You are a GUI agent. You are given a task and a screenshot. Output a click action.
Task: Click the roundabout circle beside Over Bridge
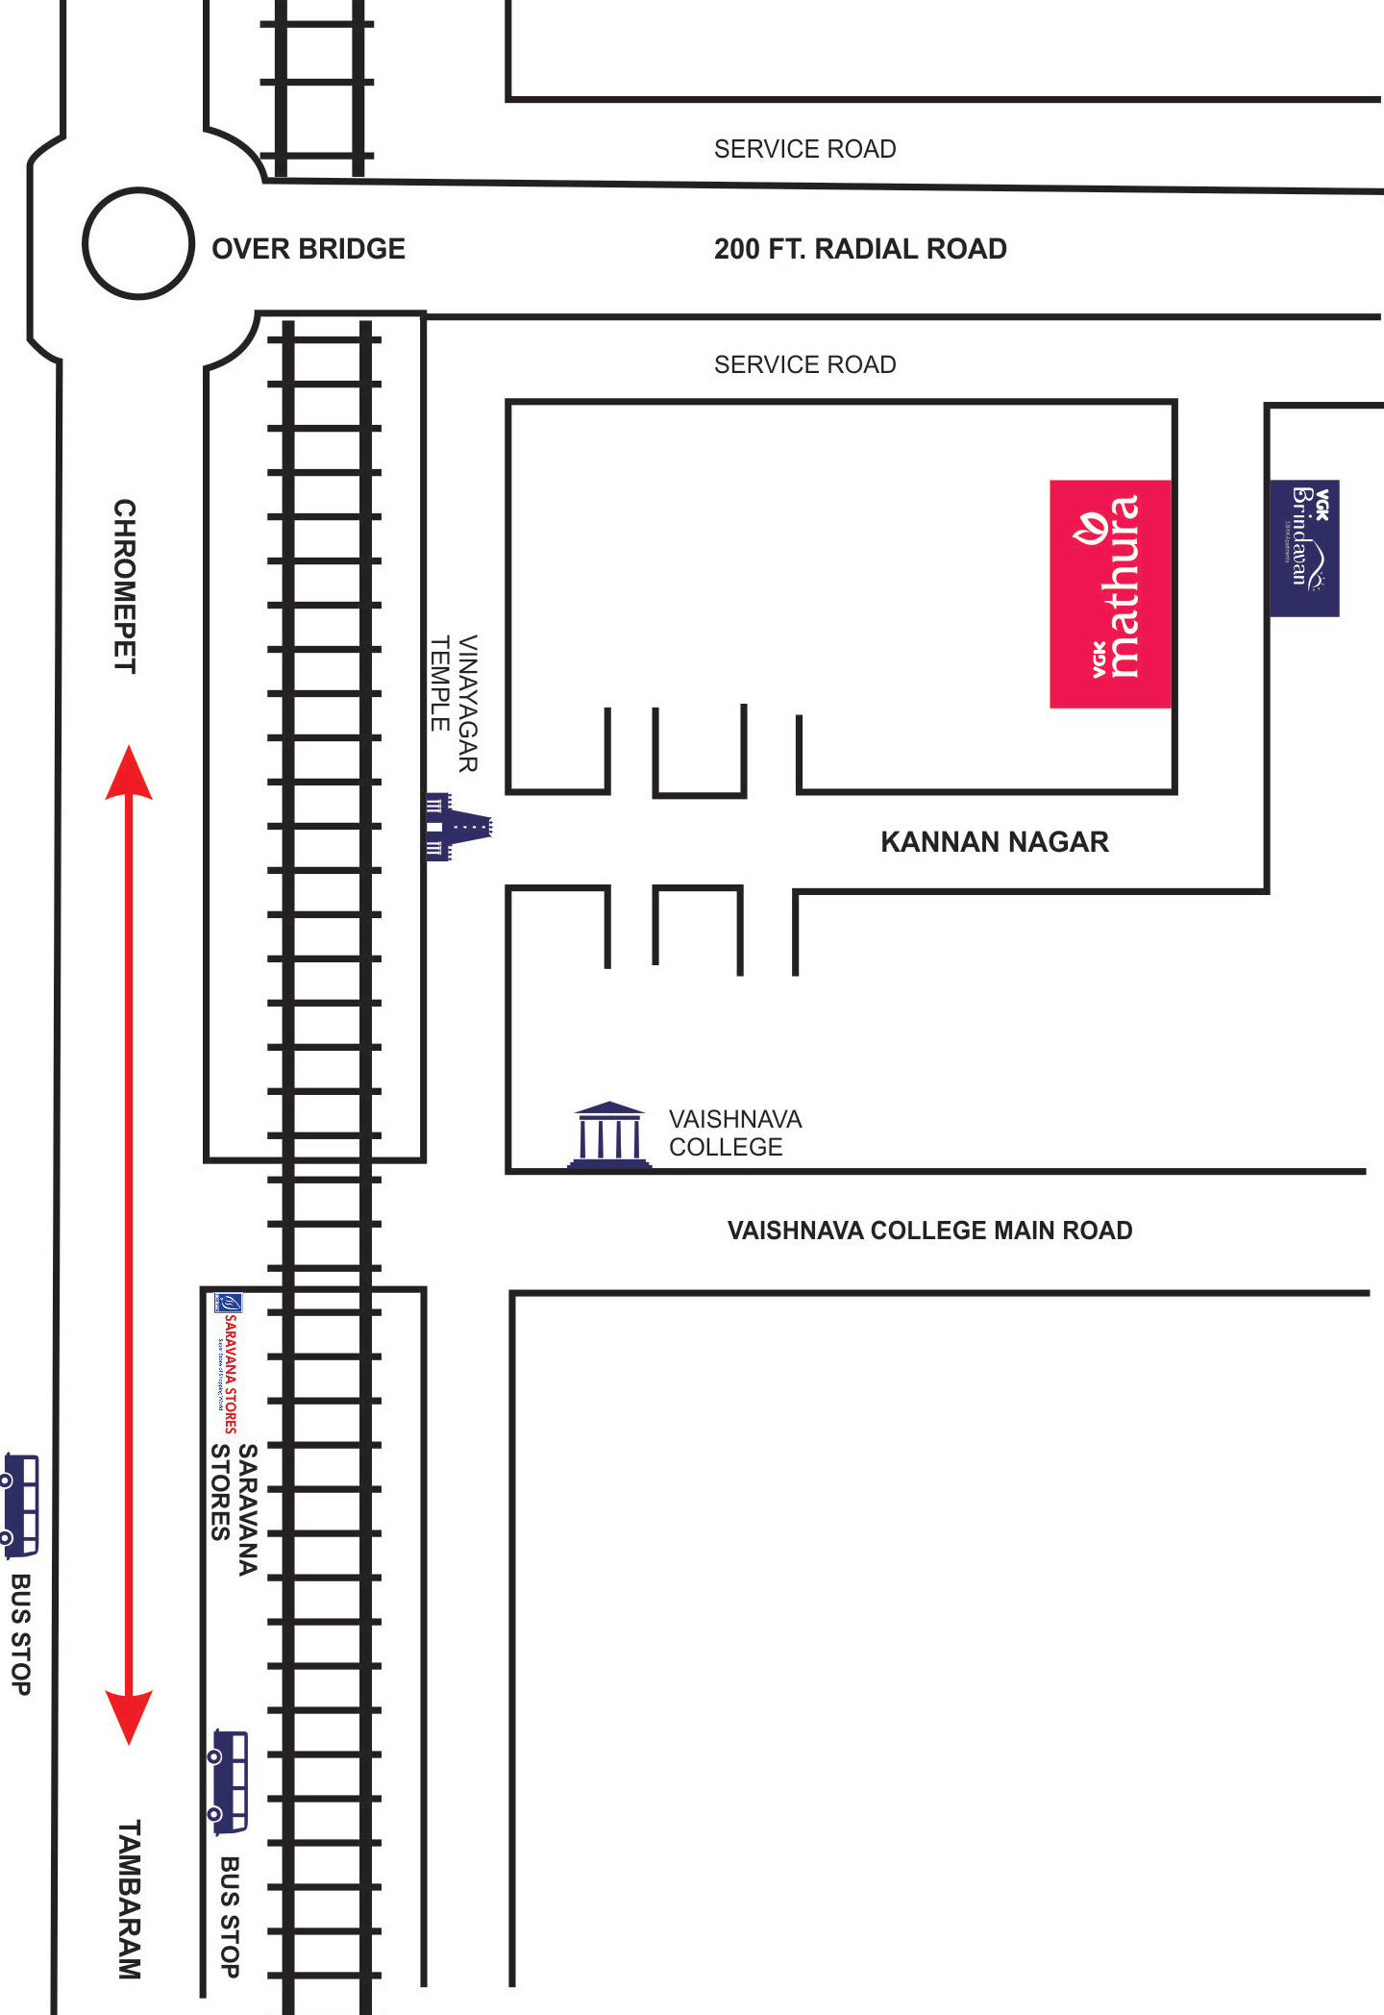138,243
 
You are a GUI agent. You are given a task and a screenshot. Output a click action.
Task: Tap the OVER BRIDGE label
309,249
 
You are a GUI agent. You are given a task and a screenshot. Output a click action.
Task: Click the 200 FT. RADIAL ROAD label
860,249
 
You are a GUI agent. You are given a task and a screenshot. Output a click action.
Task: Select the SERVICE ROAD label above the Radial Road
804,149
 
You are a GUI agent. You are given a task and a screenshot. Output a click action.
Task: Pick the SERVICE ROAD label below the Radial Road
804,364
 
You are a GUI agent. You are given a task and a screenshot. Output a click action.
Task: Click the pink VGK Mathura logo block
1110,593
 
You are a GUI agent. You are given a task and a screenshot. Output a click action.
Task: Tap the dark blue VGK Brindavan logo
1304,548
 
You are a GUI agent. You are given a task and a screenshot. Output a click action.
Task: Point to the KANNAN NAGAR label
995,842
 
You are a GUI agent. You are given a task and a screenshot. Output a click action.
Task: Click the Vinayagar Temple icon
457,826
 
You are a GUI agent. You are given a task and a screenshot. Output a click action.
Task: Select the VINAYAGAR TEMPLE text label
454,703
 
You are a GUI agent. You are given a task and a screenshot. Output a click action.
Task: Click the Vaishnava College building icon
609,1134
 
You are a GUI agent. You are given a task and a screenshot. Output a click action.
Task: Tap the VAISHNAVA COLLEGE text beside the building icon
735,1132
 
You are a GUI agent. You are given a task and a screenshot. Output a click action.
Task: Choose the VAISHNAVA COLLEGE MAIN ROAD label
929,1231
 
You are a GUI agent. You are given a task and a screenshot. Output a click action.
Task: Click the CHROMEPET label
125,585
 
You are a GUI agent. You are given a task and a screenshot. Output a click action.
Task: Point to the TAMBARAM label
129,1899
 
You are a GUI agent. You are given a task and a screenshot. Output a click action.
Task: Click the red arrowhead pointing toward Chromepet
129,774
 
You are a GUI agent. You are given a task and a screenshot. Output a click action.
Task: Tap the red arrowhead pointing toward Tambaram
129,1716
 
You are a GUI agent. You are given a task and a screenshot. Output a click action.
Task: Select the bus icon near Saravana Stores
230,1781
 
